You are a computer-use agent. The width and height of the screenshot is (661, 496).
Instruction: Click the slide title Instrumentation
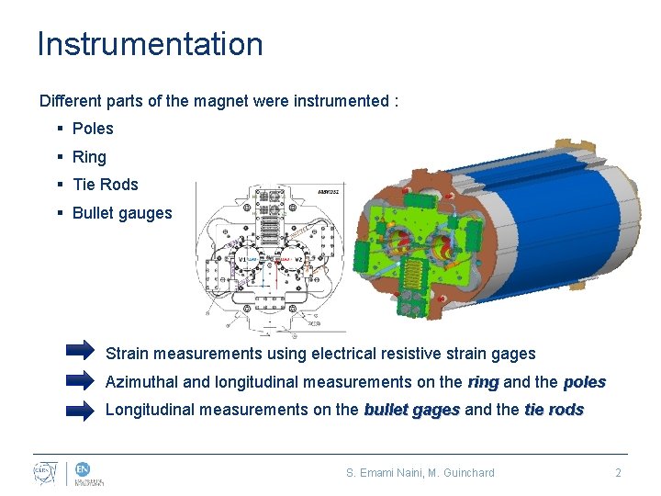150,44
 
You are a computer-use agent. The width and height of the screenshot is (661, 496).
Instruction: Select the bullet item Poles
93,129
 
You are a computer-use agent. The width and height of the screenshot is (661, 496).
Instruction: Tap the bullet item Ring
89,157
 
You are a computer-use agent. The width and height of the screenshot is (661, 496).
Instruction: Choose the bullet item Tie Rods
105,185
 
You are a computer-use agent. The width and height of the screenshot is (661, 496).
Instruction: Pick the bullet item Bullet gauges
122,213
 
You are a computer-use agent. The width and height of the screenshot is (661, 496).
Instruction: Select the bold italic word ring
483,382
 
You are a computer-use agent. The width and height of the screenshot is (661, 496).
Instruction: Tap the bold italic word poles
584,382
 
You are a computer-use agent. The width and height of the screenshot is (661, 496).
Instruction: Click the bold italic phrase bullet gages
411,410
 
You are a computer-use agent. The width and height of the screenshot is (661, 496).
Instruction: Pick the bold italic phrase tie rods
554,410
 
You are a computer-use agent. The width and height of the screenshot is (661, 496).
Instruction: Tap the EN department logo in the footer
89,473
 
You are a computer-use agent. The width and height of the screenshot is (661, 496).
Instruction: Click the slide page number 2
618,473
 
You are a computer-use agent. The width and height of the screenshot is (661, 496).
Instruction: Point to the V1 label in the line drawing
242,260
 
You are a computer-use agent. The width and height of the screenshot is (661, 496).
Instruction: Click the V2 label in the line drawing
298,260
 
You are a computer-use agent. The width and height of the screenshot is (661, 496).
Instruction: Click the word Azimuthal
142,382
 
